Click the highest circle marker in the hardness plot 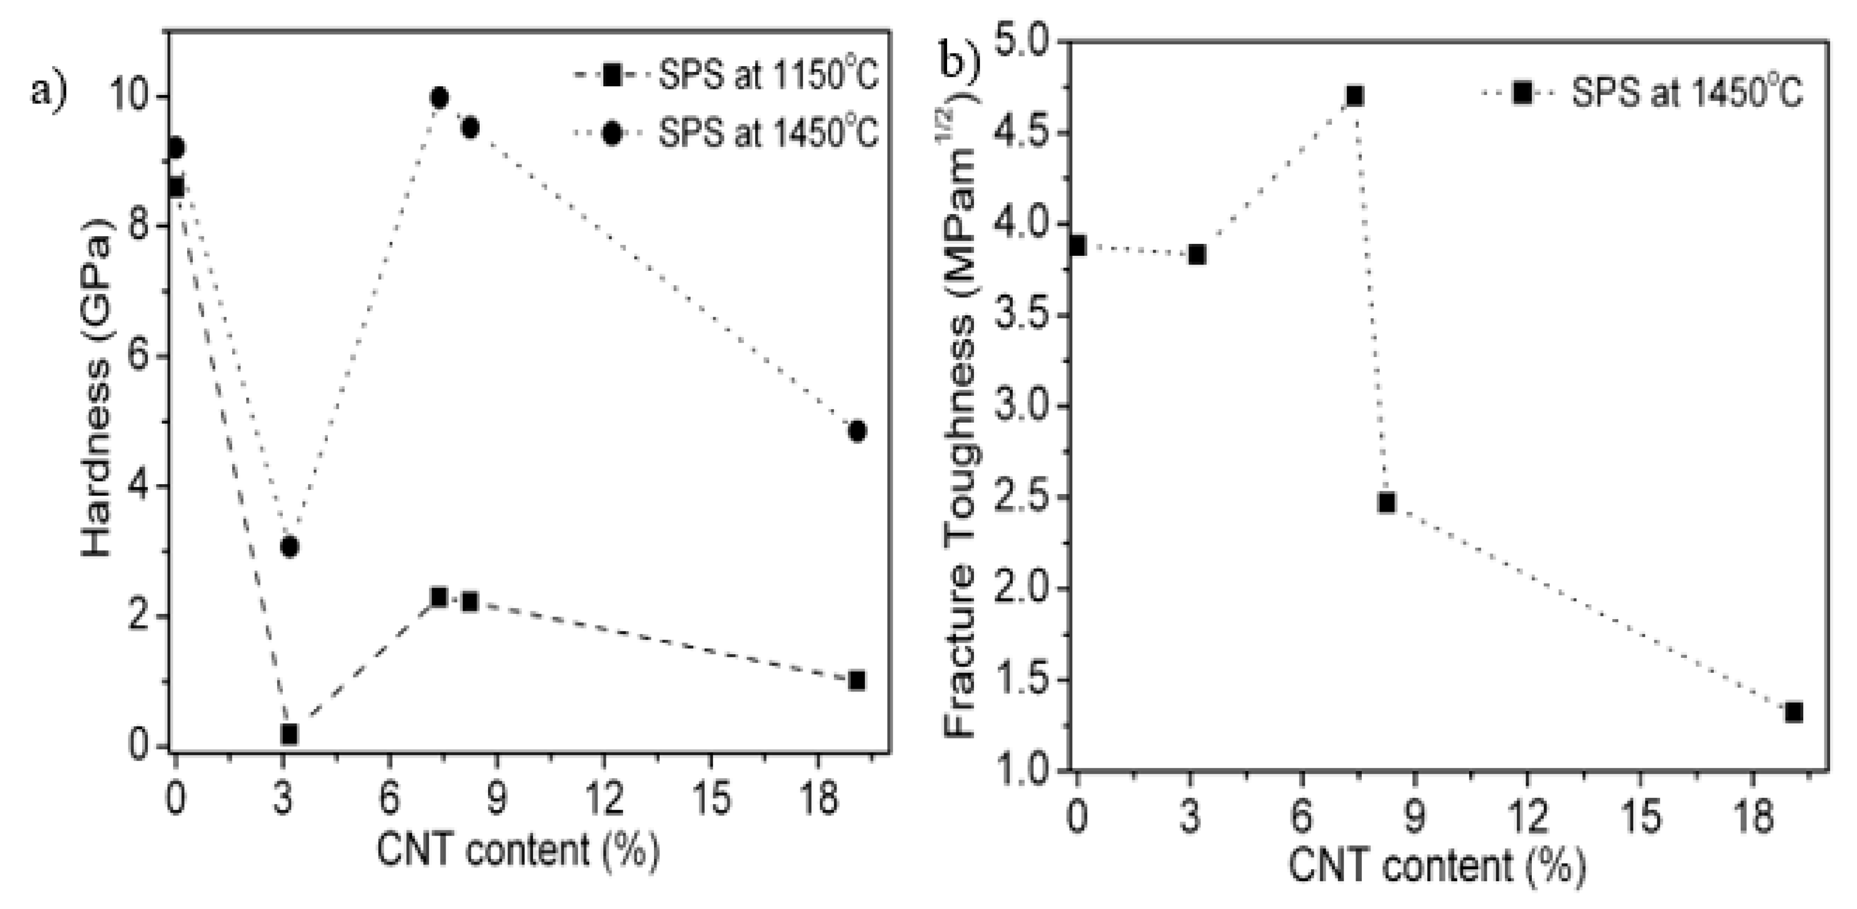[439, 97]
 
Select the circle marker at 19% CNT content [857, 431]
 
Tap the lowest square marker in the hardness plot [289, 734]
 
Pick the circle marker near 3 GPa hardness [289, 547]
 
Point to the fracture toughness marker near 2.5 [1386, 502]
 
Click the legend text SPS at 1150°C [768, 75]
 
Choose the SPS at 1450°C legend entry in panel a [768, 133]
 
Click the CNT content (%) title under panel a [517, 851]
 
